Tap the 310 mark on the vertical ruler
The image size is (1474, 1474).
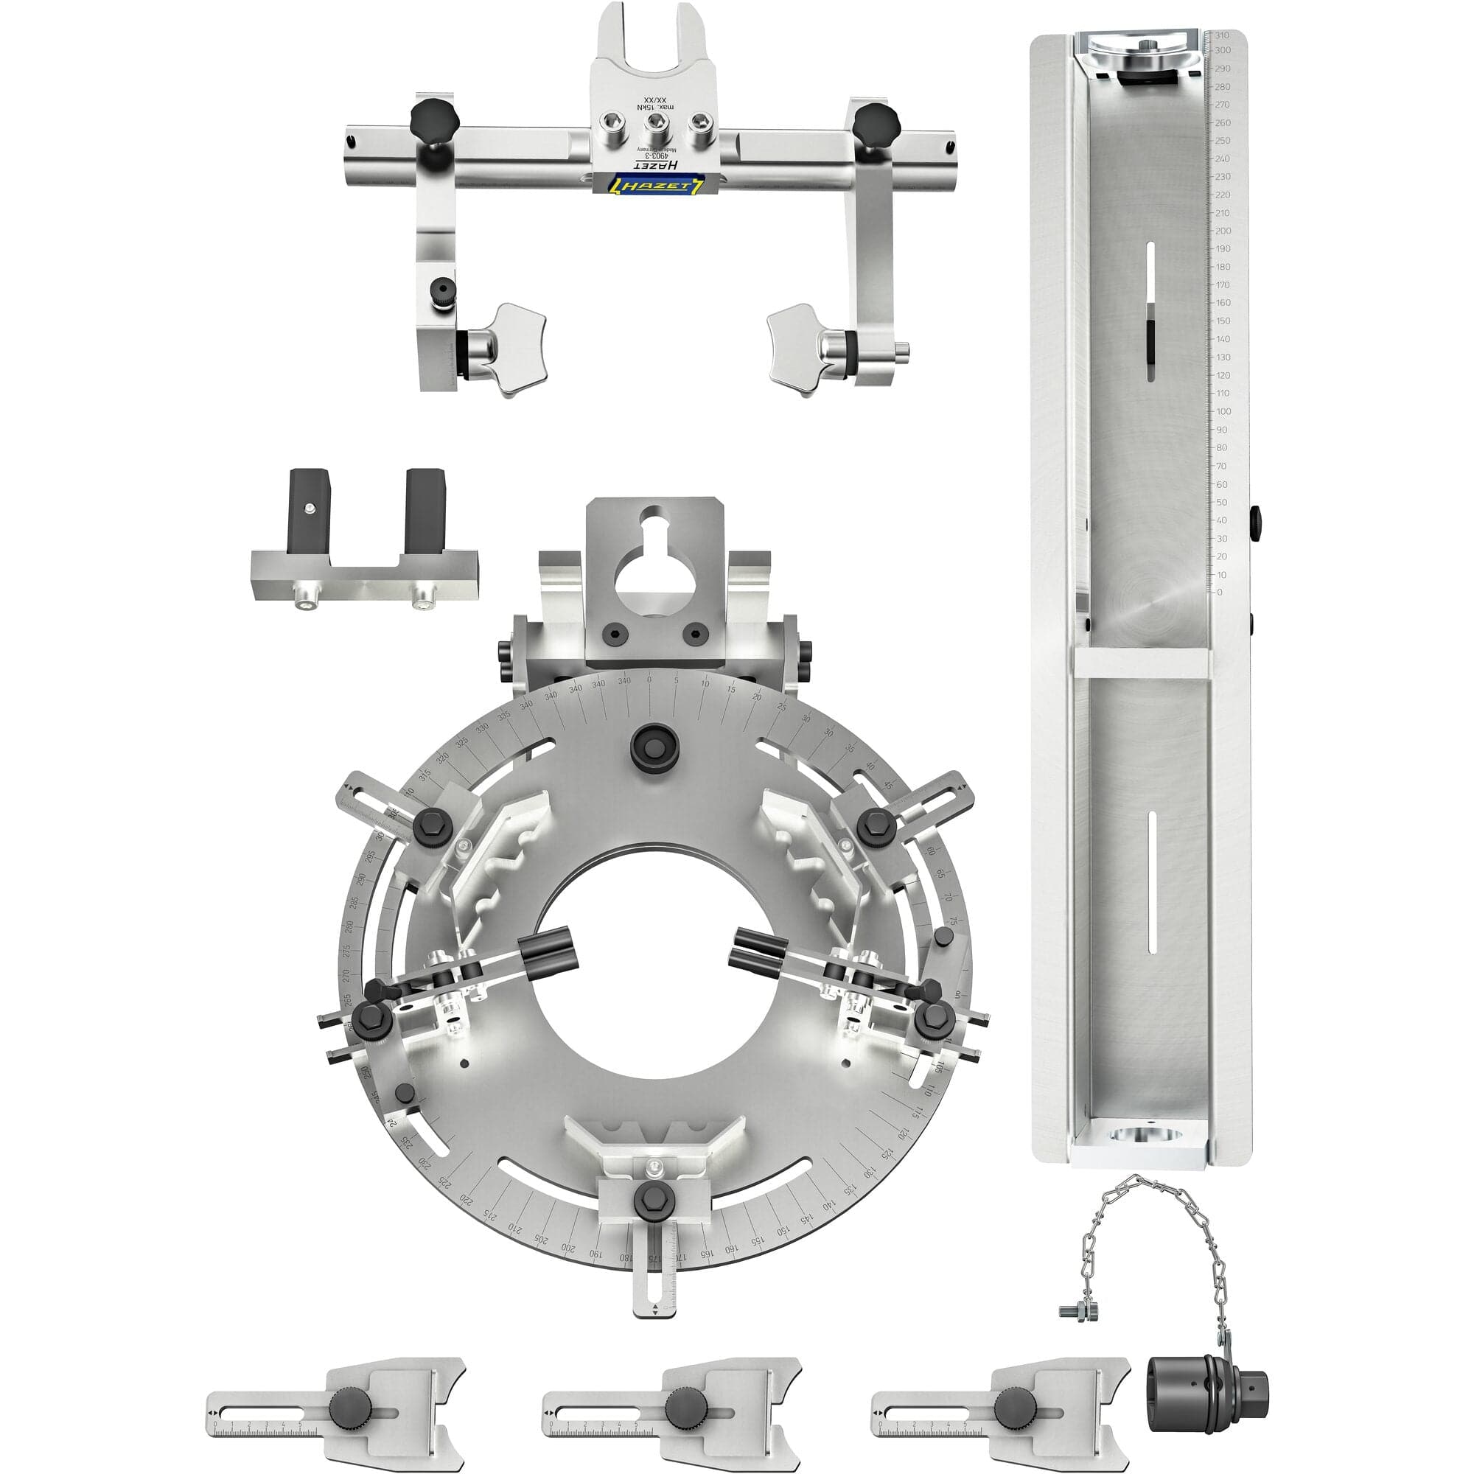pos(1221,35)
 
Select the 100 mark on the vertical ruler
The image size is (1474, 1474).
pos(1223,411)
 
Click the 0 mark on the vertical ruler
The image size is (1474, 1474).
pos(1219,592)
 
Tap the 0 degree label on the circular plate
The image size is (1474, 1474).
pos(649,680)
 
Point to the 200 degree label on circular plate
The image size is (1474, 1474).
pos(567,1248)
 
